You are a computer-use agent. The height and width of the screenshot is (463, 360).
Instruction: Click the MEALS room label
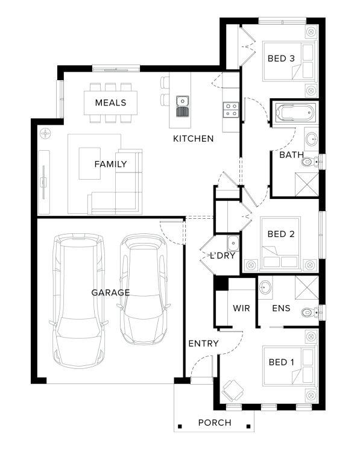(111, 102)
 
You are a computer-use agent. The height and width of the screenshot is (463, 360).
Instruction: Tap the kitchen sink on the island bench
(183, 106)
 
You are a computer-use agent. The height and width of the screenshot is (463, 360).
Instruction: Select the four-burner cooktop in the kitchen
(230, 110)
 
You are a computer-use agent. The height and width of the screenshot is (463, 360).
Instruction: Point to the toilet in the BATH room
(310, 162)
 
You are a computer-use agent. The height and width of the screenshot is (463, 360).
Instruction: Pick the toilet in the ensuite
(310, 312)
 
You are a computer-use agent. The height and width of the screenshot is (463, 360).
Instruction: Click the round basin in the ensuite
(265, 288)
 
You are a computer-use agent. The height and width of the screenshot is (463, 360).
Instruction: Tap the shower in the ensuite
(307, 288)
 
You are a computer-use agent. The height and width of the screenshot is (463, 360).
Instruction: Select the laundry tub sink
(233, 244)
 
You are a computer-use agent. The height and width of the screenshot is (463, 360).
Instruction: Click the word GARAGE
(110, 292)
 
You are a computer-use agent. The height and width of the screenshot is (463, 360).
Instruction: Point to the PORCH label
(215, 423)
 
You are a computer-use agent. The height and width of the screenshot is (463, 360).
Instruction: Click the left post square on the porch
(180, 426)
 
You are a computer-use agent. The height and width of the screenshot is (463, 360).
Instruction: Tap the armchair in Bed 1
(233, 391)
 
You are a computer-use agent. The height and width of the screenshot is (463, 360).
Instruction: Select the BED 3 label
(281, 58)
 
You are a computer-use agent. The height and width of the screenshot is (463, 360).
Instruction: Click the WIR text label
(241, 308)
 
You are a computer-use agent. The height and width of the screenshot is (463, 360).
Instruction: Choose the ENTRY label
(203, 344)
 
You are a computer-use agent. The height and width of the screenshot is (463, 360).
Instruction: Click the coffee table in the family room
(89, 163)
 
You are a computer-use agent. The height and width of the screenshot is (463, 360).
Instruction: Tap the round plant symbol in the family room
(45, 134)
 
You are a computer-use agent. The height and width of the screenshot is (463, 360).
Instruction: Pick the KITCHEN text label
(193, 139)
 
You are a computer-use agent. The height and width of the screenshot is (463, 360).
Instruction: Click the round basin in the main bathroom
(312, 139)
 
